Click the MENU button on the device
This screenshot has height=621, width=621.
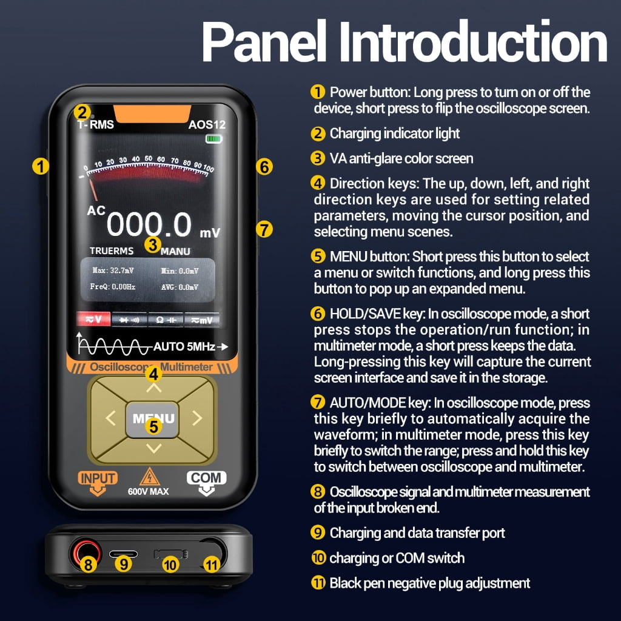click(152, 420)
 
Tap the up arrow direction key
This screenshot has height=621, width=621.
click(153, 388)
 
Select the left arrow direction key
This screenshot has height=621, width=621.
click(110, 418)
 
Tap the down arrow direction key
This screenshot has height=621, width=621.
click(153, 448)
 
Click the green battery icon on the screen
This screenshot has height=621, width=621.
click(214, 139)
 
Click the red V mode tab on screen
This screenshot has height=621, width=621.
click(93, 319)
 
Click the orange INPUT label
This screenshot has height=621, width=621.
click(98, 478)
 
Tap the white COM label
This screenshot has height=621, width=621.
click(206, 478)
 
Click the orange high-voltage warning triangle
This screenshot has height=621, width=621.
click(150, 477)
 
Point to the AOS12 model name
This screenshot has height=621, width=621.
click(207, 125)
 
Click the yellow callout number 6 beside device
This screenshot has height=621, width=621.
click(264, 167)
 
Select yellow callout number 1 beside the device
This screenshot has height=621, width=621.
click(41, 166)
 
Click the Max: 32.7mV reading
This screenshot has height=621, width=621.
click(113, 270)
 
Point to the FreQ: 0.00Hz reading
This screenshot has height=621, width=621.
click(112, 286)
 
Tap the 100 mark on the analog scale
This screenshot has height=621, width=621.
click(209, 169)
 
